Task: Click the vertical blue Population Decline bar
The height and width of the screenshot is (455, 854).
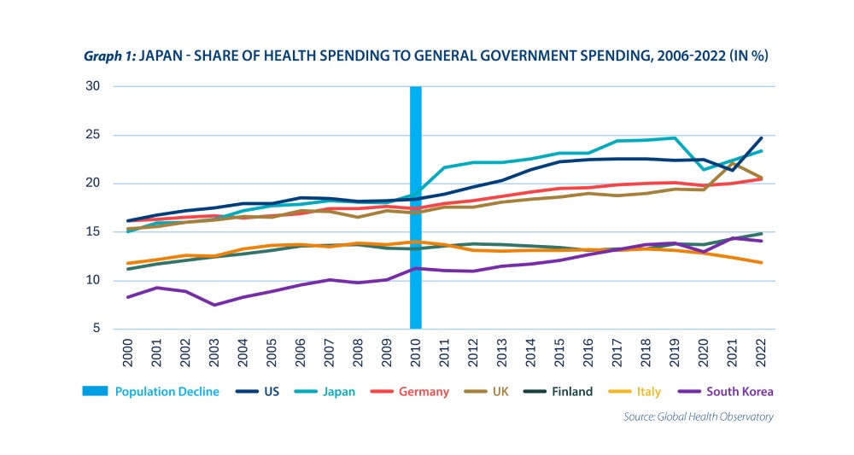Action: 416,207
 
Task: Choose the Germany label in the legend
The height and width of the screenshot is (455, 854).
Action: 424,391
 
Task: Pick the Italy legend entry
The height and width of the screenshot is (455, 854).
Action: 648,391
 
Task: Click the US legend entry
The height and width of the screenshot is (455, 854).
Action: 271,391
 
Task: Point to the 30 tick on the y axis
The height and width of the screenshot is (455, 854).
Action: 94,86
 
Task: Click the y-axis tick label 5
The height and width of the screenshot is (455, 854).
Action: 97,329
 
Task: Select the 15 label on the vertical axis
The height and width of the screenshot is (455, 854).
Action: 94,231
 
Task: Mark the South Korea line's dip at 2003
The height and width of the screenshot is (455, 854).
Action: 214,305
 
